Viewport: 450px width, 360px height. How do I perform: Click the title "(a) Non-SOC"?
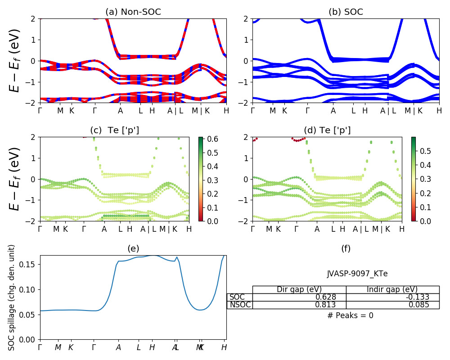tap(133, 12)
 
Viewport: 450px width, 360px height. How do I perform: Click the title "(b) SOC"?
tap(346, 12)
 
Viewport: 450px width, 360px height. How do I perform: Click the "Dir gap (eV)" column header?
tap(299, 289)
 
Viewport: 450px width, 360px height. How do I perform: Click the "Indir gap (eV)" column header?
tap(392, 289)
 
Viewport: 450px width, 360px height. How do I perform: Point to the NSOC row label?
tap(240, 305)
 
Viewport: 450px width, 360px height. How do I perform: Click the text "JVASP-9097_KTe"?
tap(357, 274)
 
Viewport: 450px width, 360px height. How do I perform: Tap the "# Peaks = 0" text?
tap(350, 315)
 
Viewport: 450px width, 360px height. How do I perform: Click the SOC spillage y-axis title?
tap(12, 297)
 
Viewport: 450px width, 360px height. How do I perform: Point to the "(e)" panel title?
tap(133, 248)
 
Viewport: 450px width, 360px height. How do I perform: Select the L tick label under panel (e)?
tap(139, 347)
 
